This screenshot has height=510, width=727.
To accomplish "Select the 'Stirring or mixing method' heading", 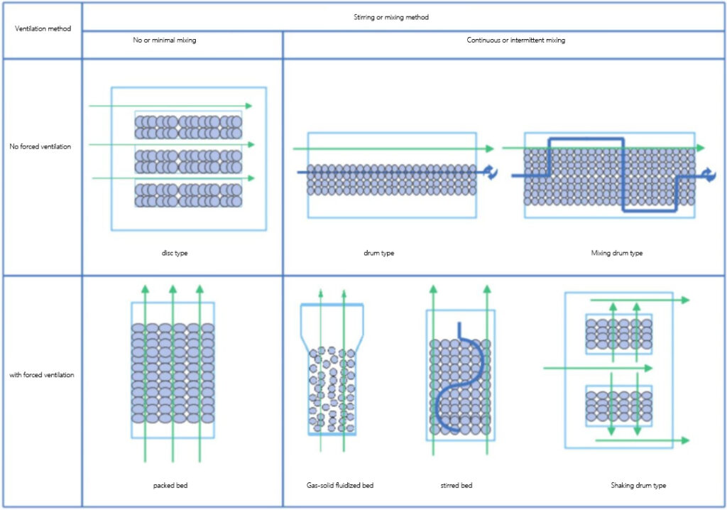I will [x=402, y=16].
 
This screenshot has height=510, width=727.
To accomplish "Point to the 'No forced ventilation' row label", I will [x=41, y=146].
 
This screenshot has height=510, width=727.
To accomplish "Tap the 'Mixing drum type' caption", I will [x=616, y=253].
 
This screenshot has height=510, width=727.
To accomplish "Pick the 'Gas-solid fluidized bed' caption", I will [x=335, y=485].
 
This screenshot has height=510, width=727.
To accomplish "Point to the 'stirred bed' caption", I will [x=456, y=485].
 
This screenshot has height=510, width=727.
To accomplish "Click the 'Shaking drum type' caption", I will [x=638, y=485].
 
